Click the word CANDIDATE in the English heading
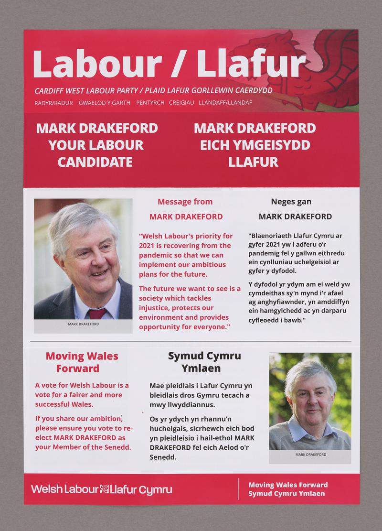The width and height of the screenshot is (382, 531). click(x=95, y=162)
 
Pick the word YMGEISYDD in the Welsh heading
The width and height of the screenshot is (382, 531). click(x=255, y=145)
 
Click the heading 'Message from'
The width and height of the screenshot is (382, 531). click(x=185, y=202)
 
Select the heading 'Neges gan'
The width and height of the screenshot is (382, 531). click(x=291, y=202)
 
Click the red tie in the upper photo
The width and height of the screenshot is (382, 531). click(x=97, y=314)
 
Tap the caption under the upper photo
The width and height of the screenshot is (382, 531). click(x=83, y=324)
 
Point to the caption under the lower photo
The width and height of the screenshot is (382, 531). click(x=310, y=455)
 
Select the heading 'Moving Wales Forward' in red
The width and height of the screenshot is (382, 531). click(x=82, y=362)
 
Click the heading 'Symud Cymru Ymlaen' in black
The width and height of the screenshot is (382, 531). click(x=204, y=362)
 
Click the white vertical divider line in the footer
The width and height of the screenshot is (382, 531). click(x=238, y=489)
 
